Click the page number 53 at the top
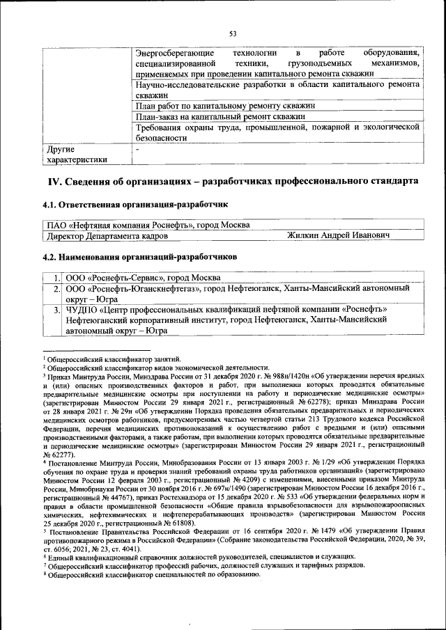233,33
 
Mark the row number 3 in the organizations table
56,309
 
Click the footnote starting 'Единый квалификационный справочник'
202,576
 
